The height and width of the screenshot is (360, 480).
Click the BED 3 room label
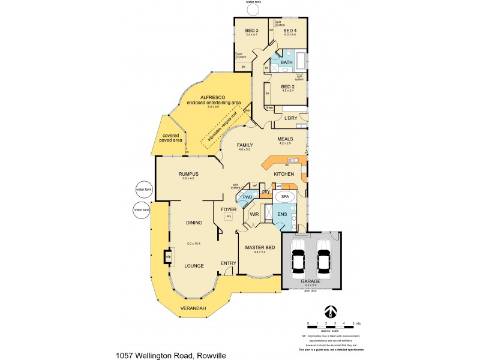pyautogui.click(x=251, y=31)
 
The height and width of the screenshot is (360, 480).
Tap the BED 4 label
pyautogui.click(x=290, y=31)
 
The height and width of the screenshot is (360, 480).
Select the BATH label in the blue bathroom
pyautogui.click(x=287, y=62)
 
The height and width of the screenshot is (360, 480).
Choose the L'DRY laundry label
pyautogui.click(x=291, y=118)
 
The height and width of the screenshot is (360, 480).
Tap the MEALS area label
pyautogui.click(x=285, y=139)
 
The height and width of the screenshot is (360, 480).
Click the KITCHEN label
pyautogui.click(x=283, y=173)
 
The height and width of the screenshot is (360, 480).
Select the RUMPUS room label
pyautogui.click(x=188, y=174)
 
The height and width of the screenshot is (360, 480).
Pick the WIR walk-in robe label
pyautogui.click(x=254, y=214)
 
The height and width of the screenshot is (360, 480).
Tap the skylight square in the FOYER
pyautogui.click(x=229, y=217)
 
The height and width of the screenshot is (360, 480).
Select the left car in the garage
pyautogui.click(x=298, y=259)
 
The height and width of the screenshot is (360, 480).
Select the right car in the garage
pyautogui.click(x=324, y=259)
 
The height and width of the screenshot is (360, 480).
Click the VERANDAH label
pyautogui.click(x=193, y=308)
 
